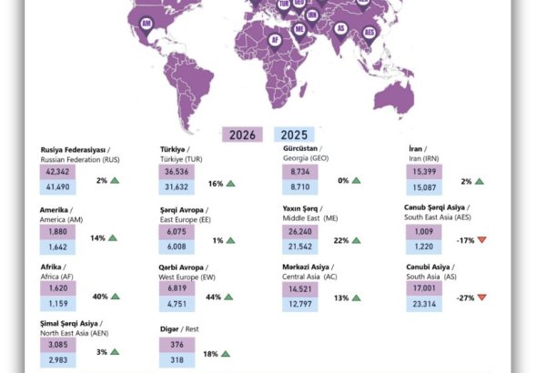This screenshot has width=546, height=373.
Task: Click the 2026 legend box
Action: click(x=242, y=135)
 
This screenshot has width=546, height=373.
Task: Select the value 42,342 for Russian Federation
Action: click(x=56, y=171)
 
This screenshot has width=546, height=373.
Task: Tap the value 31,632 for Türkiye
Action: click(x=177, y=187)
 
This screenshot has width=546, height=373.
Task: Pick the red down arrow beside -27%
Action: click(x=482, y=297)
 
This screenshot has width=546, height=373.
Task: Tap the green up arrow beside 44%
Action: click(x=232, y=297)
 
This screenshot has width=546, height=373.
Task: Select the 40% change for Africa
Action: click(x=101, y=297)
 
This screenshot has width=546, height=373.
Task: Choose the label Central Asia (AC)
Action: click(x=313, y=276)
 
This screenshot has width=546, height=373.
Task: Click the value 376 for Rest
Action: click(x=177, y=344)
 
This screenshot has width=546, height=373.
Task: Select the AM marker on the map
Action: click(x=147, y=35)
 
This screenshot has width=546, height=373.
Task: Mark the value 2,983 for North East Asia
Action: click(x=56, y=361)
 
